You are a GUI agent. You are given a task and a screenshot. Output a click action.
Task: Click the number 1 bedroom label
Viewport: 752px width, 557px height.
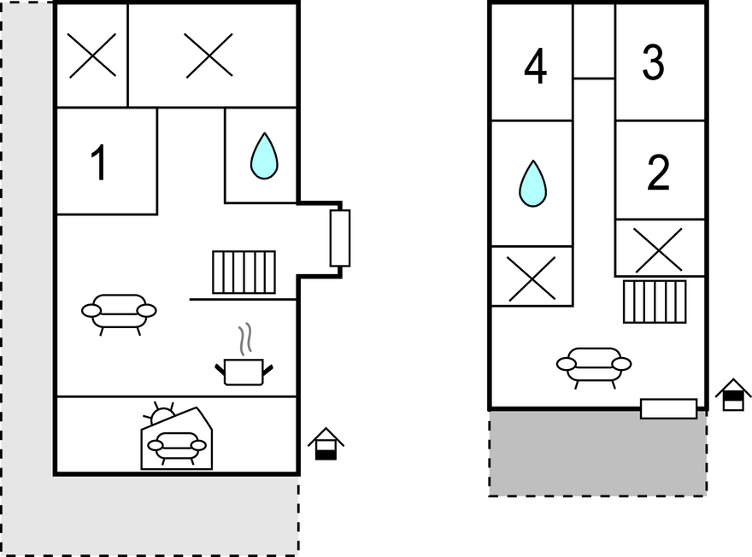(x=99, y=163)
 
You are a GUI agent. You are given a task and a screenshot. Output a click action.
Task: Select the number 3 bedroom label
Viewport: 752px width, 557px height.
(x=653, y=62)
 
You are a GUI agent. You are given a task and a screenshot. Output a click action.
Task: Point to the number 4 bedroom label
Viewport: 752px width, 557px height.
(x=535, y=66)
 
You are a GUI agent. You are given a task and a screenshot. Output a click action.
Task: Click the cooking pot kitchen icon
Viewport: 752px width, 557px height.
(x=244, y=355)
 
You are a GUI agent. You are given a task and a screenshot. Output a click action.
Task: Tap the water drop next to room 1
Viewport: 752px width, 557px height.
(x=264, y=156)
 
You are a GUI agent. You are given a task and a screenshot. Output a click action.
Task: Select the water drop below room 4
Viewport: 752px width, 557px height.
(x=532, y=184)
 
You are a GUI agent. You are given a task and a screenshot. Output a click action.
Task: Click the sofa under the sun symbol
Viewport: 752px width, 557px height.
(x=177, y=448)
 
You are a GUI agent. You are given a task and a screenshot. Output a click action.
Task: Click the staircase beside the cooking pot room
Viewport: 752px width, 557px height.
(x=244, y=272)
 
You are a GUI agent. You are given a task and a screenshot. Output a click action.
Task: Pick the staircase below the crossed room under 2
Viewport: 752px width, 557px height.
(x=655, y=302)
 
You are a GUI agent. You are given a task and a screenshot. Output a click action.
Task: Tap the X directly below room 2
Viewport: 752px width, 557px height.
(x=657, y=249)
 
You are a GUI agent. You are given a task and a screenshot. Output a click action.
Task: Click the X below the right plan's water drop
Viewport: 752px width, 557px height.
(x=532, y=278)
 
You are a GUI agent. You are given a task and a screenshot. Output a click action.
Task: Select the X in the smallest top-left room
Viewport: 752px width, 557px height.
(x=92, y=56)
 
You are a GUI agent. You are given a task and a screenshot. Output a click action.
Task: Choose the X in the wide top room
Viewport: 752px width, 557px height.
(x=209, y=56)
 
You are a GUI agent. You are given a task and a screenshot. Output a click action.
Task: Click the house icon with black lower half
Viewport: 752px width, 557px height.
(x=326, y=444)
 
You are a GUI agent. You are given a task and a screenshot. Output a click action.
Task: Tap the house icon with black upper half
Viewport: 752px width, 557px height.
(x=733, y=395)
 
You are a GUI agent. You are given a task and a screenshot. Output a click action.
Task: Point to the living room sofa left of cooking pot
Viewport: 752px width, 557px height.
(x=119, y=314)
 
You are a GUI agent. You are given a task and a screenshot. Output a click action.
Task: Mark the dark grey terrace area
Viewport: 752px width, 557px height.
(x=597, y=453)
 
